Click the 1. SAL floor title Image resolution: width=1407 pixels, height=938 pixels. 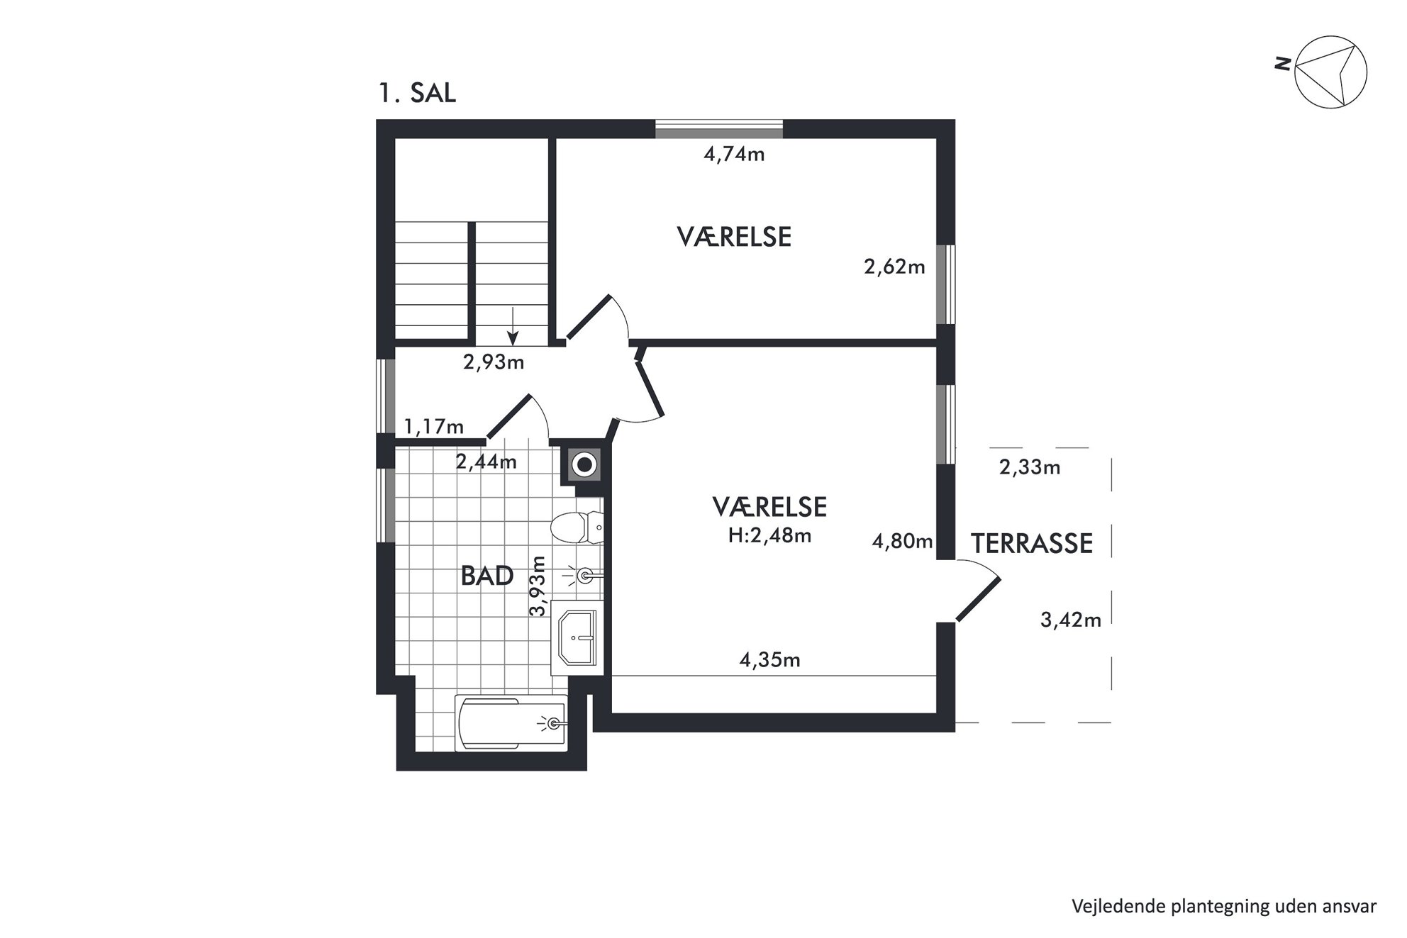[417, 94]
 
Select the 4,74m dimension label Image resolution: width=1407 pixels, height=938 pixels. [734, 154]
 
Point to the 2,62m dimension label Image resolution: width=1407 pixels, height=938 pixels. [894, 267]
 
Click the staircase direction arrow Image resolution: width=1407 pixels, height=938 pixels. [512, 327]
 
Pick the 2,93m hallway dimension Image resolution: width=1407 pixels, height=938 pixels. [494, 362]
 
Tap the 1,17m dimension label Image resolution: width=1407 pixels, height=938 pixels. [434, 427]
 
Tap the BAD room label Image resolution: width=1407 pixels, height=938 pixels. [487, 576]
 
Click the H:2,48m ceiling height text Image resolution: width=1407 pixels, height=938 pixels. [769, 536]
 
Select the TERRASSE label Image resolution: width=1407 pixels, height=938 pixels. [1032, 544]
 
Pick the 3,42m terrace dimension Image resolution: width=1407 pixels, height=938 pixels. [1071, 620]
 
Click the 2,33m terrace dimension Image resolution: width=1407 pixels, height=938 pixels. [1030, 467]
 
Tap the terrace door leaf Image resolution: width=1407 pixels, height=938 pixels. [978, 600]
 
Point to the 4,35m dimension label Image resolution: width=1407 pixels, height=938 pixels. [769, 660]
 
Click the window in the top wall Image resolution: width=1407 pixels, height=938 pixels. [718, 129]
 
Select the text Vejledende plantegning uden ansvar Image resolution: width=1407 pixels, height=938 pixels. [1224, 906]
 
